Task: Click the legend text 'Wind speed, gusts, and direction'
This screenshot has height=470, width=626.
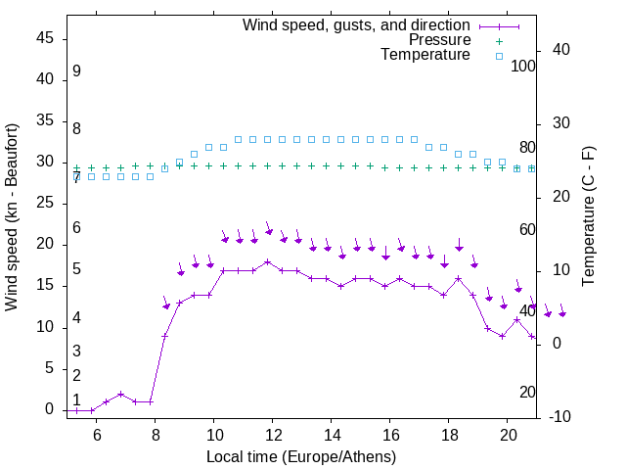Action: click(356, 24)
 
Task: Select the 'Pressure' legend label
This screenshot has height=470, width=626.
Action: click(439, 40)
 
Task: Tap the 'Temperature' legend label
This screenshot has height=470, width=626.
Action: click(425, 56)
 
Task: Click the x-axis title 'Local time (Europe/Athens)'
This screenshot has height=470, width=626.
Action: click(301, 456)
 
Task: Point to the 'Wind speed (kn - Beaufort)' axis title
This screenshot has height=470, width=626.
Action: click(12, 217)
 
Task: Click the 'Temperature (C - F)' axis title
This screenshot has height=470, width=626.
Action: click(588, 217)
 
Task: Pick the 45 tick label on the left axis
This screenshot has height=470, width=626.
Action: click(45, 38)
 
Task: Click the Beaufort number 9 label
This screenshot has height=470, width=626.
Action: click(76, 71)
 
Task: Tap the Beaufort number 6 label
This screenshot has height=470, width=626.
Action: click(76, 228)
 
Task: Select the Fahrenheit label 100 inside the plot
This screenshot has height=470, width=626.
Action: click(524, 66)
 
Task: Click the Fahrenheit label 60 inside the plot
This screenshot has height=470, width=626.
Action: click(528, 229)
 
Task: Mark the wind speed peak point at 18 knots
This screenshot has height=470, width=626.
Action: click(267, 261)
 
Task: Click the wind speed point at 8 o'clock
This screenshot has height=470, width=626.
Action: click(150, 401)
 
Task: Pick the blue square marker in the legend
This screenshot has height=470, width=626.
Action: click(499, 56)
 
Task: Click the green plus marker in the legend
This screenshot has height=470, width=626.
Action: click(499, 40)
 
